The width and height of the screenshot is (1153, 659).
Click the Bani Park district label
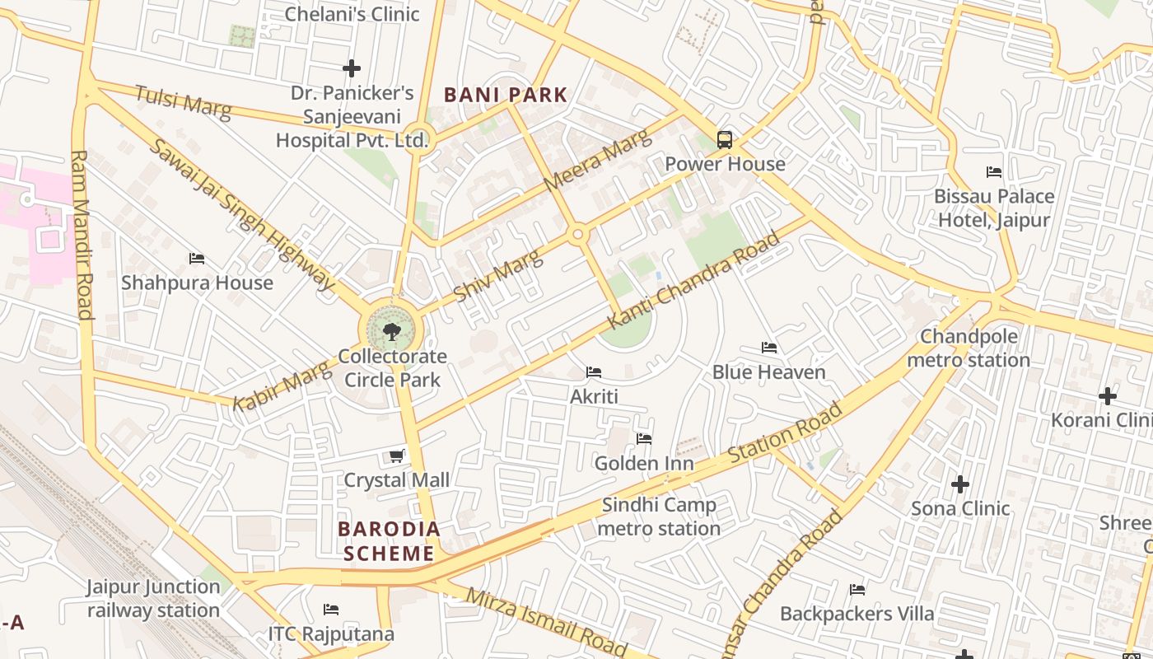(506, 95)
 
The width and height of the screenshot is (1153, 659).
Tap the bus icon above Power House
(725, 140)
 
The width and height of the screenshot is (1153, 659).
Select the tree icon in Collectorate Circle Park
(392, 332)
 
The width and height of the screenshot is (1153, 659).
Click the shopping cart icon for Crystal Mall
(396, 456)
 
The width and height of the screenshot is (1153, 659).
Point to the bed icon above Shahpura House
(197, 259)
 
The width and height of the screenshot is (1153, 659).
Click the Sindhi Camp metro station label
(659, 516)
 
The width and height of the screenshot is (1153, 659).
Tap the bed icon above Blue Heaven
(769, 348)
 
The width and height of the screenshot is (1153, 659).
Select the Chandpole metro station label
(969, 348)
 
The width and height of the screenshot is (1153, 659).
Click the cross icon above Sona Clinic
(960, 484)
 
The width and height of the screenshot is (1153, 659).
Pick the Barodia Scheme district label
(389, 540)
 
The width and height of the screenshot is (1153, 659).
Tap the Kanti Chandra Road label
(693, 280)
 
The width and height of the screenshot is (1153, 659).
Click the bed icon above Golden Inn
(644, 439)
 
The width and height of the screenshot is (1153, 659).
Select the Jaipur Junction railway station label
(154, 599)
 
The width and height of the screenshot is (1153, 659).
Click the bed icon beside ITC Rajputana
(331, 610)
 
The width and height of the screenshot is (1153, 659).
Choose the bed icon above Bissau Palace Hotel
(994, 172)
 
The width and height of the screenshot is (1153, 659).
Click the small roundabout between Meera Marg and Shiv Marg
(579, 235)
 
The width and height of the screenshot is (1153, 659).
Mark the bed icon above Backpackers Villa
(857, 590)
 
